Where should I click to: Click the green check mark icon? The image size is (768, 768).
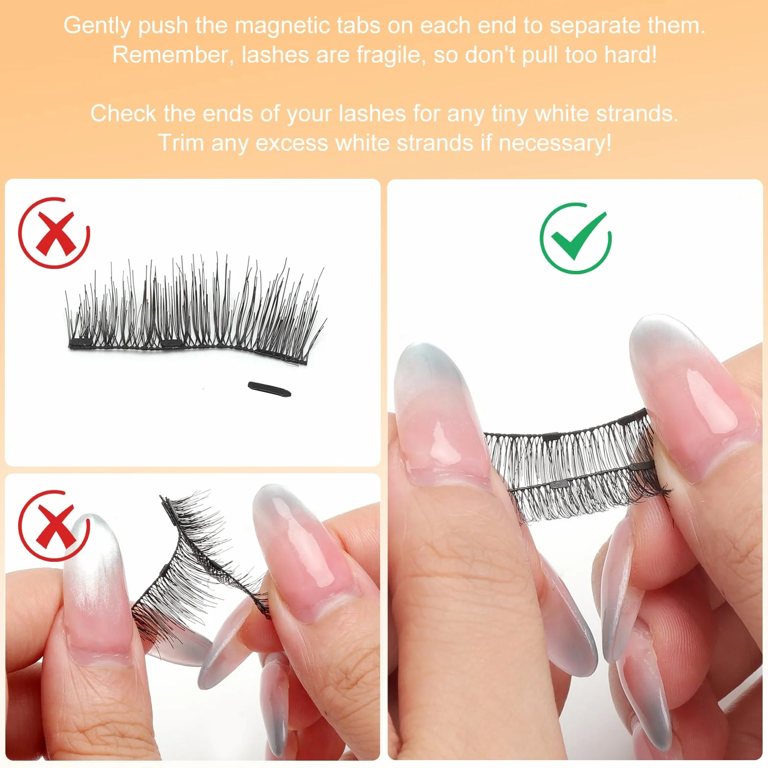point(576,238)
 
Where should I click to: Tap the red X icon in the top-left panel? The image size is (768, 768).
point(54,233)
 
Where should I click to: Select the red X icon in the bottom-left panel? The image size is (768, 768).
point(53,526)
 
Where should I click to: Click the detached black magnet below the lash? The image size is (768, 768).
point(269,389)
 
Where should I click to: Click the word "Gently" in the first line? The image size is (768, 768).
point(97,26)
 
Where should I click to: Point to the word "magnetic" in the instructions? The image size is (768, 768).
point(283,25)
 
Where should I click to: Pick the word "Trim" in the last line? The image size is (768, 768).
point(181,143)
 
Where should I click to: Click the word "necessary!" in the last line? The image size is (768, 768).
point(555,144)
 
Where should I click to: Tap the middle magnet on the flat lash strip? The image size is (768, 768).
point(170,342)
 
